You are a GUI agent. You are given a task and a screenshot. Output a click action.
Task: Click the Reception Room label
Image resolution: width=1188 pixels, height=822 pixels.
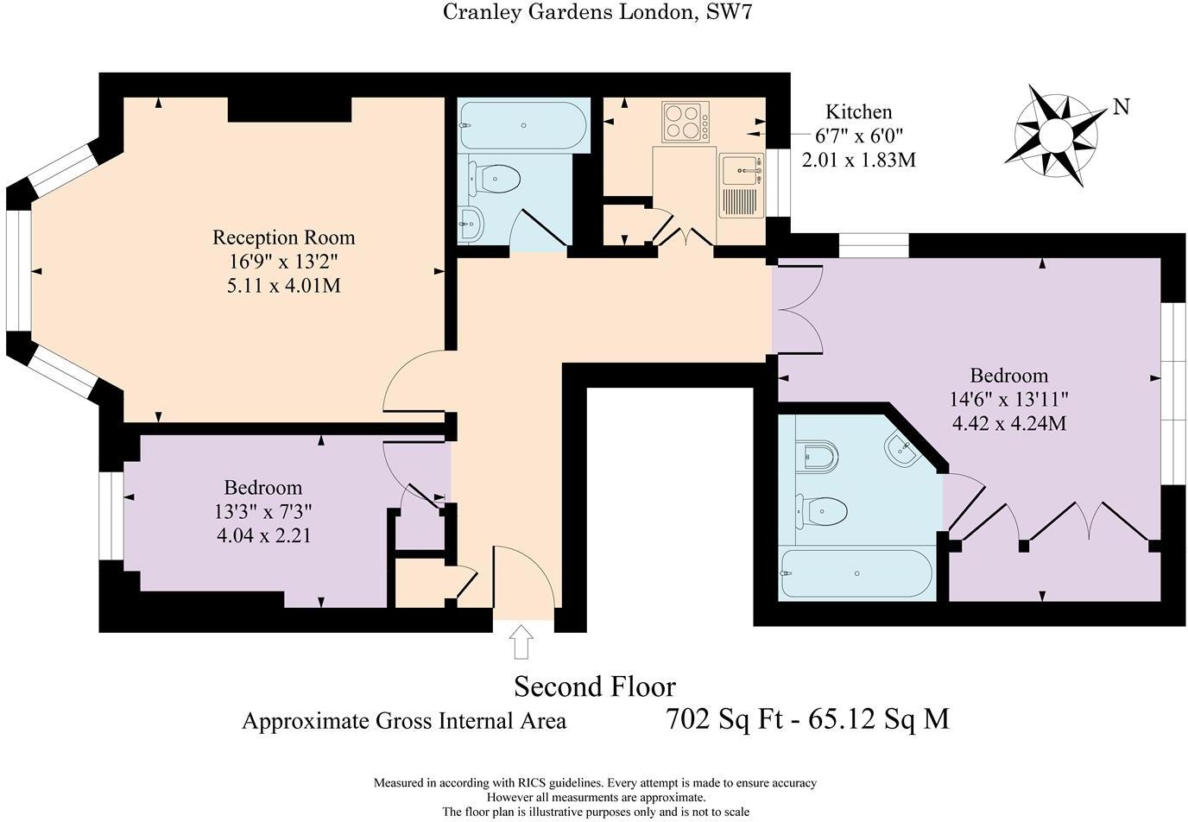coord(283,237)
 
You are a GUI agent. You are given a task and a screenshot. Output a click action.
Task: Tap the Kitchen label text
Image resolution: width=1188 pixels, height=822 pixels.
coord(858,111)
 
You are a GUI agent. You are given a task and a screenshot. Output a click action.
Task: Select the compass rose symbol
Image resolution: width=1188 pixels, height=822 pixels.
coord(1054,136)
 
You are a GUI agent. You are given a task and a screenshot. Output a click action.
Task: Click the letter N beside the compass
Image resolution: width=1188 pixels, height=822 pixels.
coord(1121,107)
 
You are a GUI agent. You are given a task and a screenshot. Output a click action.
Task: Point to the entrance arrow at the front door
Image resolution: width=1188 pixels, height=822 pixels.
coord(521,642)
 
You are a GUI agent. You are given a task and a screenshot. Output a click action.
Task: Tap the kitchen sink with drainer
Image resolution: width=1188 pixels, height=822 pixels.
coord(741,186)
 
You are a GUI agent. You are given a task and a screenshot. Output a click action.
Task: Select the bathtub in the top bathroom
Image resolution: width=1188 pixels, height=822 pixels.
coord(522,126)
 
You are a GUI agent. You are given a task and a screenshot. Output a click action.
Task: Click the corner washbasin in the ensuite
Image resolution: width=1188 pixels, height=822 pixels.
coord(904,449)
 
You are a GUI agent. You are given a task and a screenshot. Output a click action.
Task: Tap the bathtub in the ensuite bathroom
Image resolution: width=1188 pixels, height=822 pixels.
coord(856,574)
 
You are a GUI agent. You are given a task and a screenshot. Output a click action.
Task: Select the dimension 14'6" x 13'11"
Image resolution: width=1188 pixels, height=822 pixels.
coord(1009,400)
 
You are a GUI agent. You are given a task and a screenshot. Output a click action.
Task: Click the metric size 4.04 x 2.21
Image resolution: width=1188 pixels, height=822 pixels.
coord(263,535)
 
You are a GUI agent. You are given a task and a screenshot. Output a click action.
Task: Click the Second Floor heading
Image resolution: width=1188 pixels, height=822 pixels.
coord(595,686)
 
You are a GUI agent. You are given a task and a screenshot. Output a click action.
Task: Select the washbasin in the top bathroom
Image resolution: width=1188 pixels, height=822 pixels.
coord(471,224)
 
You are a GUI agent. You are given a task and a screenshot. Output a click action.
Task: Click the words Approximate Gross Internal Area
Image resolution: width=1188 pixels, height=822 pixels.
coord(404,721)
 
